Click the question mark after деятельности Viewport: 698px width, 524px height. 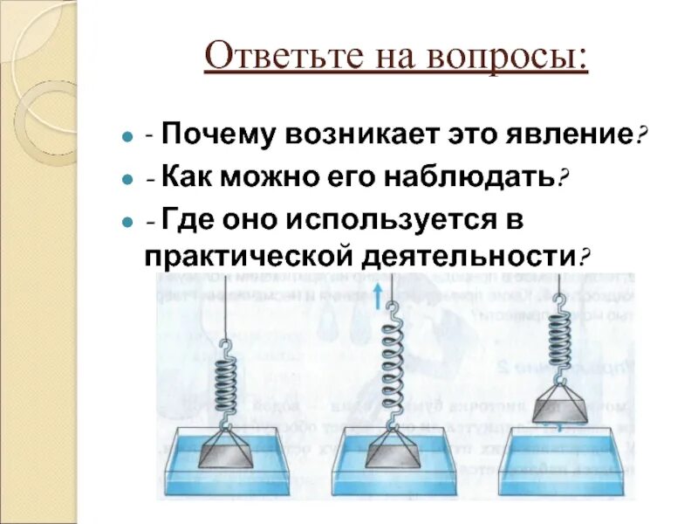pyautogui.click(x=585, y=259)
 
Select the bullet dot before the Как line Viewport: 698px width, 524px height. pyautogui.click(x=127, y=179)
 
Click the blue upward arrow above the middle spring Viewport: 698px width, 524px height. pyautogui.click(x=377, y=296)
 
